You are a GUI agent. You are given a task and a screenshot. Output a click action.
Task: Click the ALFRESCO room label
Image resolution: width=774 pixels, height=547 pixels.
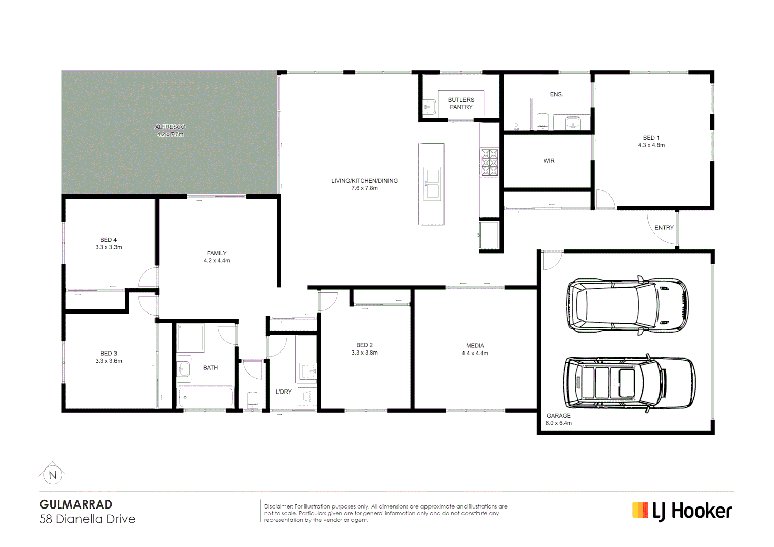click(x=170, y=127)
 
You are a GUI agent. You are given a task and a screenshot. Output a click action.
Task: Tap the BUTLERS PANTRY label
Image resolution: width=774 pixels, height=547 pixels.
click(x=461, y=103)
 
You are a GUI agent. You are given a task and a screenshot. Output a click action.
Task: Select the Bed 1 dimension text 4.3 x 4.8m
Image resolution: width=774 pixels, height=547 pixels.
click(x=651, y=145)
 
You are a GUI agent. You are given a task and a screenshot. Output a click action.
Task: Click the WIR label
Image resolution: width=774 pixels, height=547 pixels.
click(x=549, y=161)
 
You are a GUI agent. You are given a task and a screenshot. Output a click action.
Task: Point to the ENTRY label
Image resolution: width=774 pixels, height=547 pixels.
click(x=664, y=228)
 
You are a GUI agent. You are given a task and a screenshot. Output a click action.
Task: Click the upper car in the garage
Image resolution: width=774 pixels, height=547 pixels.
click(x=627, y=305)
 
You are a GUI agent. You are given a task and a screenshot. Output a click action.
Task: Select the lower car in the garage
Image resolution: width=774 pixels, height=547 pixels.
click(x=629, y=383)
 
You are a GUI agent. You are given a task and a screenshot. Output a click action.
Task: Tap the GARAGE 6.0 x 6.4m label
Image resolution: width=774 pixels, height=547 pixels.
click(x=558, y=419)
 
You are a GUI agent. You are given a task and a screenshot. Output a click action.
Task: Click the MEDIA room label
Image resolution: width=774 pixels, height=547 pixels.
click(x=475, y=346)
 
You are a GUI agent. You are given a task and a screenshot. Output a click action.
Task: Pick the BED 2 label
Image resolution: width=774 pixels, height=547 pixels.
click(x=364, y=345)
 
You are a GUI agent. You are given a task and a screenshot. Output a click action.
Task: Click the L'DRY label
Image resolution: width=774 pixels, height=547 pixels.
click(x=283, y=392)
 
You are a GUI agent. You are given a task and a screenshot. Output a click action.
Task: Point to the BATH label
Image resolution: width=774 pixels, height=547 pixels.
click(x=210, y=368)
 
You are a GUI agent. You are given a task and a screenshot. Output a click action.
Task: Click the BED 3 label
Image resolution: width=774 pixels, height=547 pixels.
click(x=108, y=354)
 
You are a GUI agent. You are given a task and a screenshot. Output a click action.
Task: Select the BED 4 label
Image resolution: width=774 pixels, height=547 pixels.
click(x=108, y=240)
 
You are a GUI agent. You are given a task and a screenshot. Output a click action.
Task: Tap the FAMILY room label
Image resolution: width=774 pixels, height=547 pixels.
click(x=217, y=253)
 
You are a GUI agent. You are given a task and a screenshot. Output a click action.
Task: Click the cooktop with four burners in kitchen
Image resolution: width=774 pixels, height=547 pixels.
click(x=489, y=163)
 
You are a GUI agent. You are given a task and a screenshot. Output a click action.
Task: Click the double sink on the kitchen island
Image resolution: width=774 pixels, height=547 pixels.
click(x=432, y=183)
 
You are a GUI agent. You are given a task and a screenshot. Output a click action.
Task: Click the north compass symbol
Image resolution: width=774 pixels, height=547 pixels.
click(x=52, y=475)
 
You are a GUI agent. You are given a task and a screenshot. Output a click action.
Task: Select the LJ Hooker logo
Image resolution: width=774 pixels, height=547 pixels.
click(x=682, y=511)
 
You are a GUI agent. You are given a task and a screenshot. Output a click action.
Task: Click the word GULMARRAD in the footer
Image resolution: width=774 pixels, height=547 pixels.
click(x=76, y=504)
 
